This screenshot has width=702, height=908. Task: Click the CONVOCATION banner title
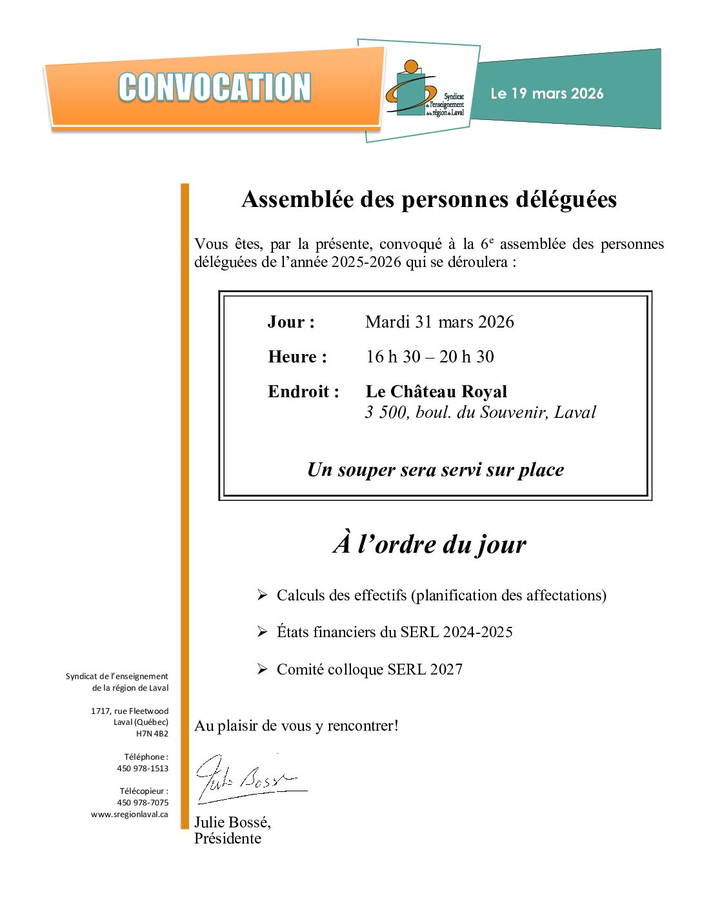click(x=214, y=88)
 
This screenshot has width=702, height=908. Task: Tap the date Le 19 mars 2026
click(x=547, y=94)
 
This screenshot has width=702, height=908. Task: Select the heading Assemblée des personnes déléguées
click(x=429, y=199)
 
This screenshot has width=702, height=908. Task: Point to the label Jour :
click(x=291, y=322)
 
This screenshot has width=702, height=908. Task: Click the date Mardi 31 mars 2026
click(x=439, y=322)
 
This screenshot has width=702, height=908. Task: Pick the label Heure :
click(x=297, y=357)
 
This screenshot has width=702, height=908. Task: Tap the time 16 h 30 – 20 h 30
click(x=430, y=357)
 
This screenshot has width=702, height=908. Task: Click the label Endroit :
click(x=303, y=391)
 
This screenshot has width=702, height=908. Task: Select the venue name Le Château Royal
click(x=436, y=391)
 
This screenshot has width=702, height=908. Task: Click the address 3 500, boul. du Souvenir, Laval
click(x=481, y=412)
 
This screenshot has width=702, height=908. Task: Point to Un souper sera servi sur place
click(x=436, y=469)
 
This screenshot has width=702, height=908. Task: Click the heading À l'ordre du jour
click(x=430, y=544)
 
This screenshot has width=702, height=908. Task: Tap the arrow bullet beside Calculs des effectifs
click(x=262, y=595)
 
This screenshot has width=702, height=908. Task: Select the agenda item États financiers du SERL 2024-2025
click(x=394, y=632)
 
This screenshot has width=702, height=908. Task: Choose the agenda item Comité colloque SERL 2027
click(x=369, y=669)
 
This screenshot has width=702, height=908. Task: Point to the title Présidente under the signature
click(x=228, y=838)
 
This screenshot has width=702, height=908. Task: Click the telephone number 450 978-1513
click(x=143, y=769)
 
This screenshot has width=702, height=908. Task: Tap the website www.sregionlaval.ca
click(x=130, y=814)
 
